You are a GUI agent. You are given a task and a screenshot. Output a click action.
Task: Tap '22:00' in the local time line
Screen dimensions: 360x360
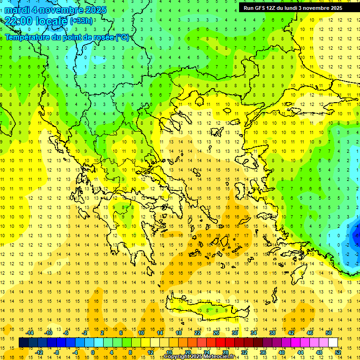(19, 21)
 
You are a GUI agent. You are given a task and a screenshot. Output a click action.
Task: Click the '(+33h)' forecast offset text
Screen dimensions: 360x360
(81, 21)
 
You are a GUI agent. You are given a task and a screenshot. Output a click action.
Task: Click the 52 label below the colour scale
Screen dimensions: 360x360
(338, 352)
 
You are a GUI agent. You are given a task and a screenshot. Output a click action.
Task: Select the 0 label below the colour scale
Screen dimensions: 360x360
(92, 352)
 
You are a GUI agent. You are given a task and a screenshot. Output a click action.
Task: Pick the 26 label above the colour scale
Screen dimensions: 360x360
(216, 332)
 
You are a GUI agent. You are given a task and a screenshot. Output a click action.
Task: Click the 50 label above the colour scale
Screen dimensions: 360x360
(329, 332)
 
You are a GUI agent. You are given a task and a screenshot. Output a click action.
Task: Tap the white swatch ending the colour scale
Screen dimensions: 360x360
(333, 343)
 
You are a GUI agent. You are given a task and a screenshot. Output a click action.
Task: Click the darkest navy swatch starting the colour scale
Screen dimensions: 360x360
(23, 343)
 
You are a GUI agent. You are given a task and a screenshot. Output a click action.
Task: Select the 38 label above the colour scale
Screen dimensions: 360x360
(272, 332)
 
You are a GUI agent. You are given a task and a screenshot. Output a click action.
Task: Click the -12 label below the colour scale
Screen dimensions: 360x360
(39, 352)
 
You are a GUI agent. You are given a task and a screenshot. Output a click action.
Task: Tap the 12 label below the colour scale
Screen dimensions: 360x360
(150, 352)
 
